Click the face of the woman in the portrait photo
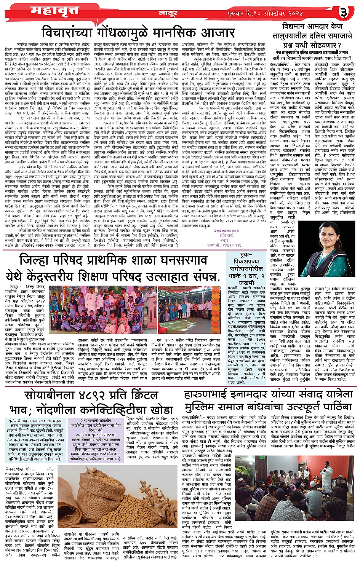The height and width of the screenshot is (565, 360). (x=329, y=241)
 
